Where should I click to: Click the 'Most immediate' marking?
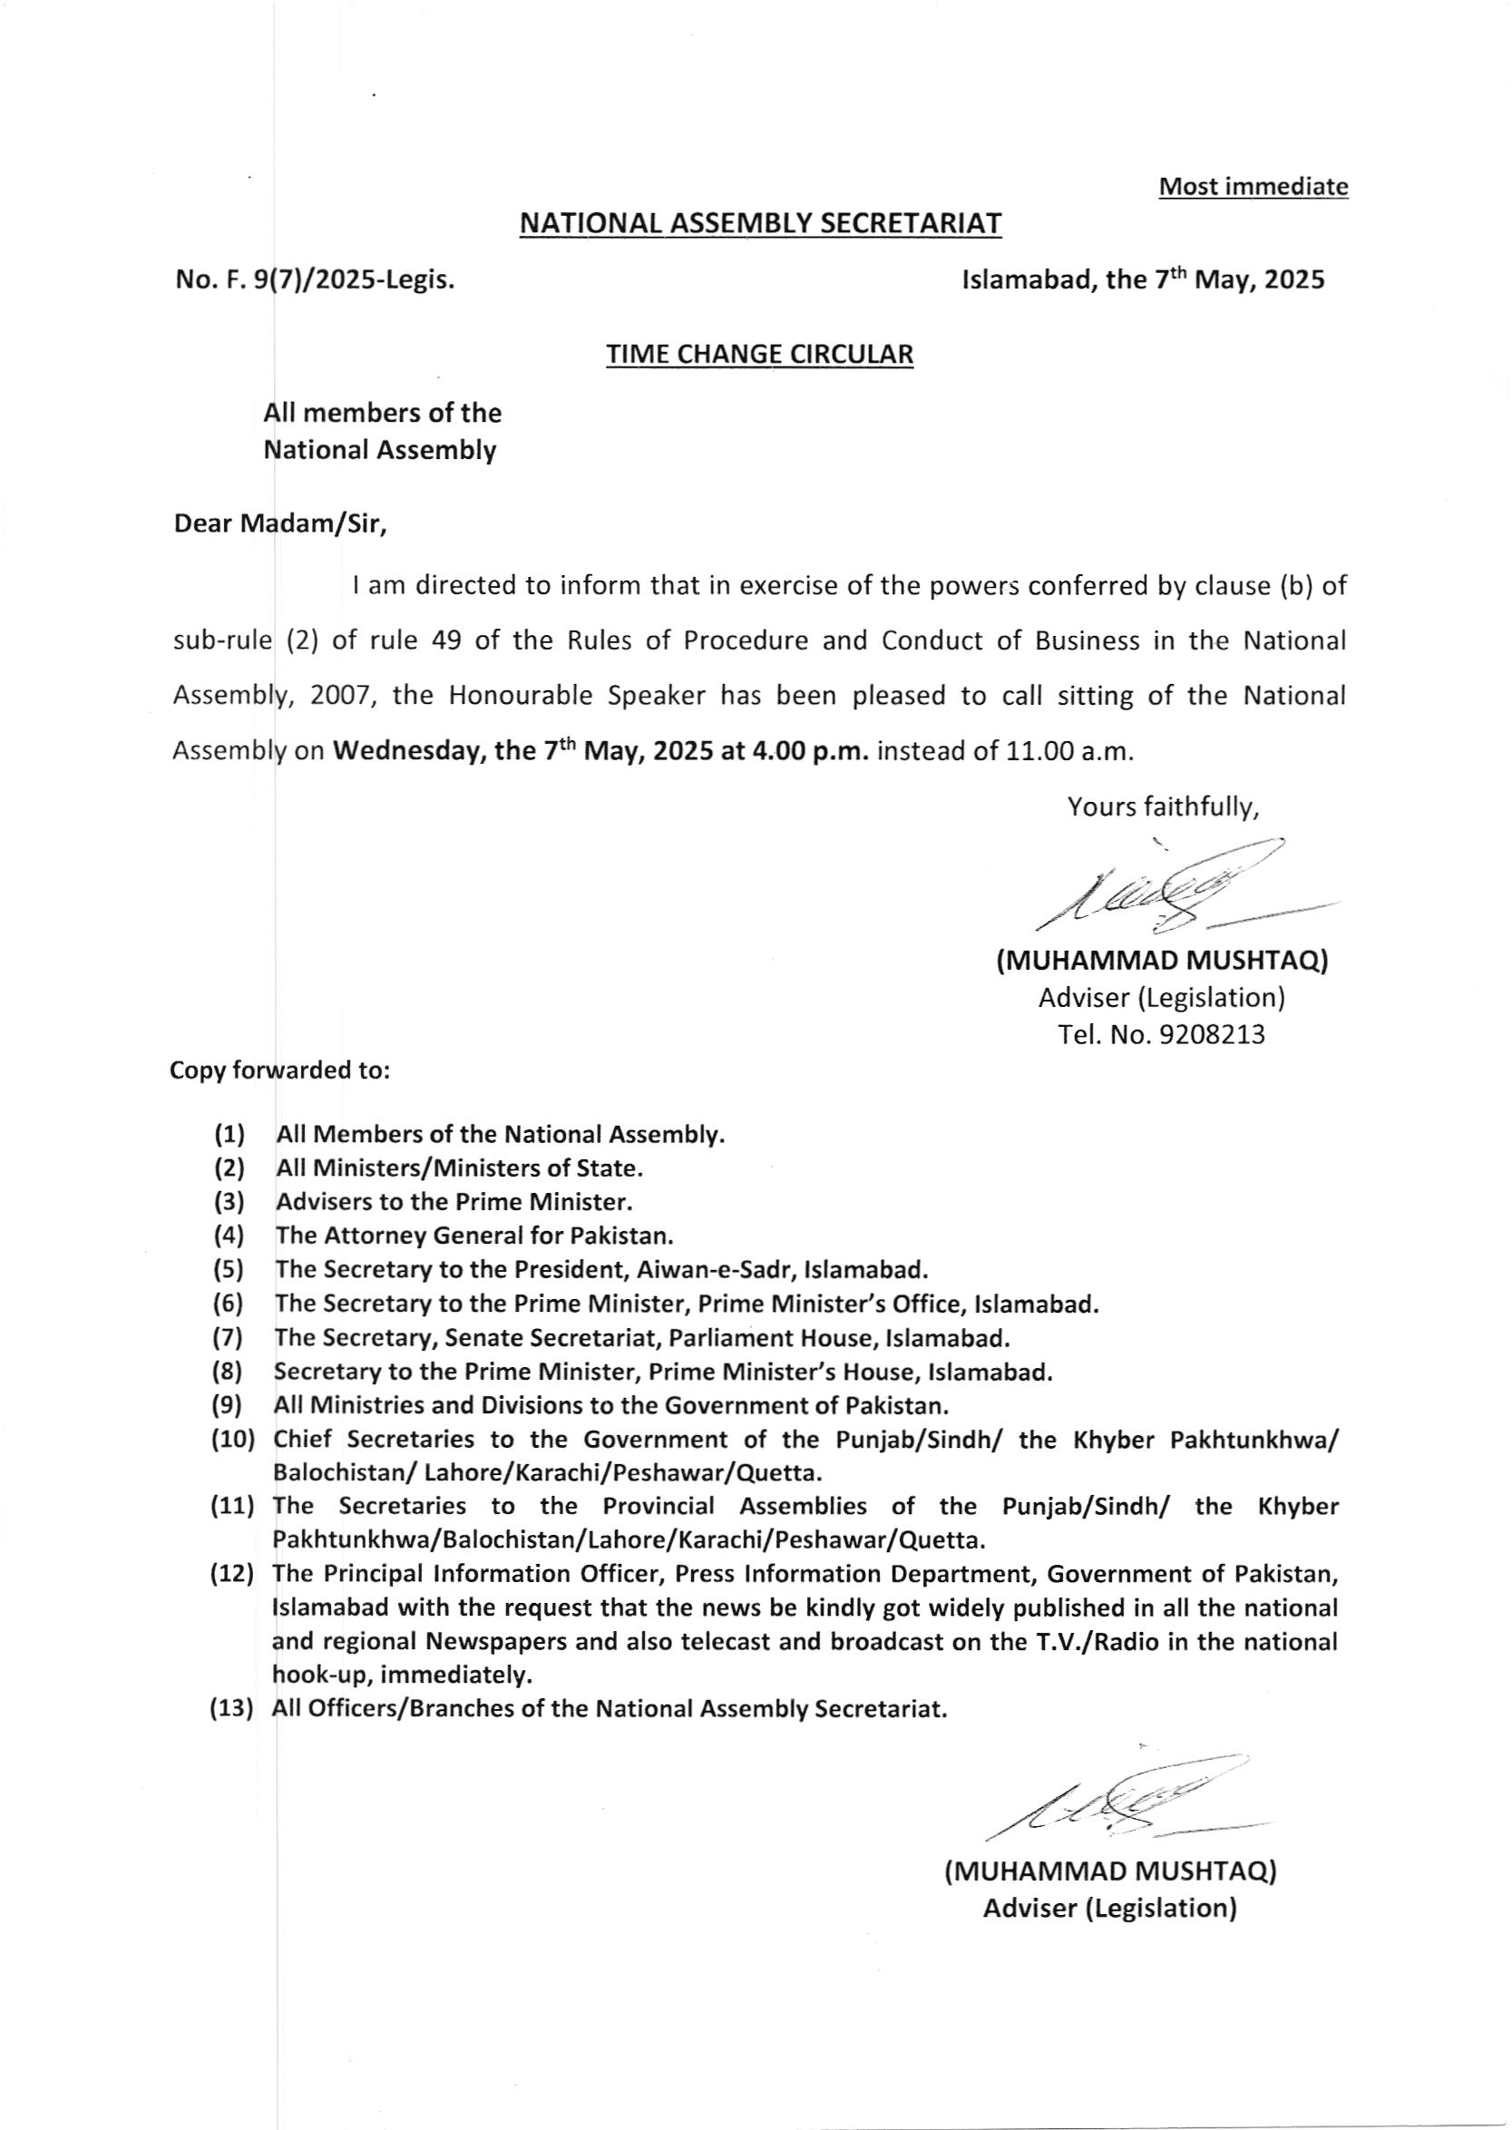point(1253,187)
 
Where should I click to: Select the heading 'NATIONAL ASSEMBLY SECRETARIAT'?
point(760,223)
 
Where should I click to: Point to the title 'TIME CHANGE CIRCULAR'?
point(760,354)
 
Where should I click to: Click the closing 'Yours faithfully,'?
point(1163,806)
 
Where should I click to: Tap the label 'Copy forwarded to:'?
point(278,1071)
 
